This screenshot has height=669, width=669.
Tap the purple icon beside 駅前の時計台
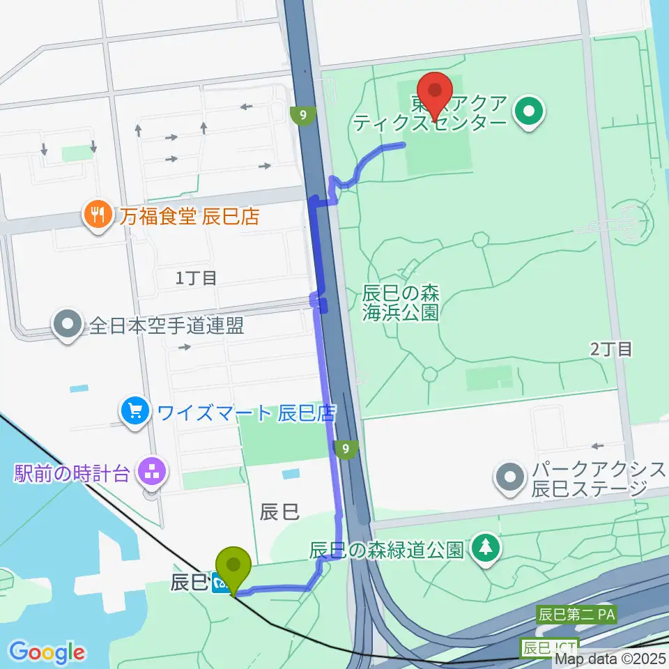pyautogui.click(x=150, y=475)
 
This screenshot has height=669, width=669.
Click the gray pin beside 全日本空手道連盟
pyautogui.click(x=68, y=325)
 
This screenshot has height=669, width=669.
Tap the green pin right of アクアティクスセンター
pyautogui.click(x=528, y=111)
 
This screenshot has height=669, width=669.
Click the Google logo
pyautogui.click(x=47, y=652)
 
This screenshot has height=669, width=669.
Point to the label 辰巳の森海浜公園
pyautogui.click(x=400, y=302)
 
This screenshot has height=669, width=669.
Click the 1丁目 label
pyautogui.click(x=196, y=278)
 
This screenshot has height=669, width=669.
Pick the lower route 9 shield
pyautogui.click(x=346, y=449)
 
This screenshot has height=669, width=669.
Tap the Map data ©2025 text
pyautogui.click(x=610, y=658)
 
